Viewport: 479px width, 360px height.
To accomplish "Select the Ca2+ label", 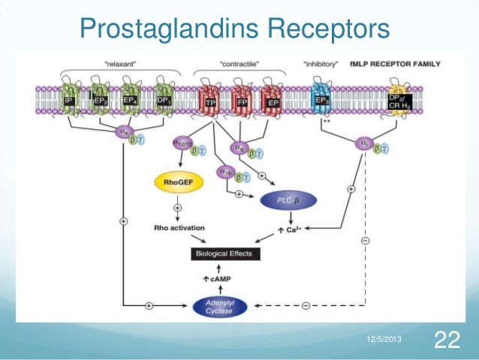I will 295,230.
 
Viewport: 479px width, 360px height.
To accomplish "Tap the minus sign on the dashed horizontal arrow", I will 306,307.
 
